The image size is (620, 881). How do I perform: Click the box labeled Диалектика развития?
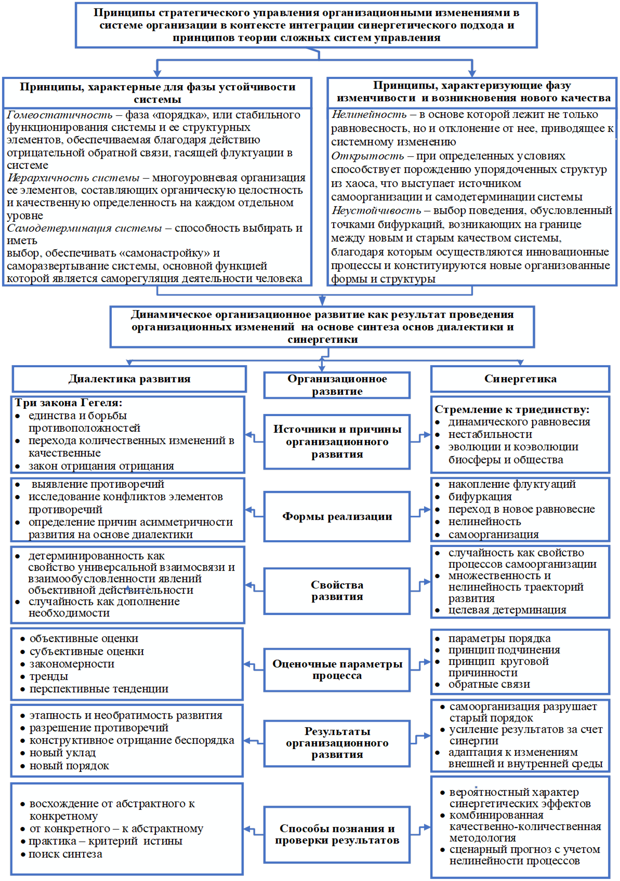[129, 379]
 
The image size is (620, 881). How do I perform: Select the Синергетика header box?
[520, 379]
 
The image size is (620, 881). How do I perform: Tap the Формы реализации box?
[337, 516]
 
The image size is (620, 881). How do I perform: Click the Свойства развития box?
[337, 591]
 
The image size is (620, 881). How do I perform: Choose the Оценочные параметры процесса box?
[337, 669]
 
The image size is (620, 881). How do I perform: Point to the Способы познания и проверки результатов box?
[337, 834]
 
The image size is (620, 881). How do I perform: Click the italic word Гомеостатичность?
[60, 115]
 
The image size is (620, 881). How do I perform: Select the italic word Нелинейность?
[369, 114]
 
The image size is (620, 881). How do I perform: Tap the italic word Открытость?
[367, 156]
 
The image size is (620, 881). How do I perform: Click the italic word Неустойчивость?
[376, 210]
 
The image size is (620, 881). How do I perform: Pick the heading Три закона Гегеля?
[68, 403]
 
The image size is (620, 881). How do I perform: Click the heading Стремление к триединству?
[512, 409]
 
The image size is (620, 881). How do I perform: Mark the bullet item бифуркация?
[480, 497]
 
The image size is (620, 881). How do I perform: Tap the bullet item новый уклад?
[62, 753]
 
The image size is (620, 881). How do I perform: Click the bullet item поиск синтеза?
[65, 854]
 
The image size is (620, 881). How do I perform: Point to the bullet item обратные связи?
[489, 684]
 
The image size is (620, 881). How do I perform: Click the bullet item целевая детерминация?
[507, 610]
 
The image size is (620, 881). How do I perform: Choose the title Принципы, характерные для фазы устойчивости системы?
[157, 93]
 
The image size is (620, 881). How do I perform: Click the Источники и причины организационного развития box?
[337, 442]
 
